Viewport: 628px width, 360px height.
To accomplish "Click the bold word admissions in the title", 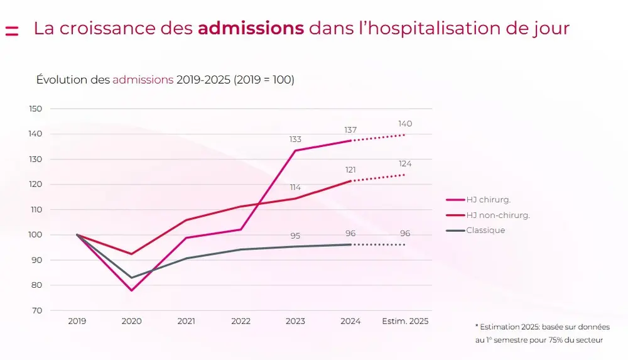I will click(251, 29).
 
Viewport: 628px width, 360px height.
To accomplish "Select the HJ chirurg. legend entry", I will click(488, 200).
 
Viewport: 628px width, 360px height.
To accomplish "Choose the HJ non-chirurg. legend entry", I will click(497, 215).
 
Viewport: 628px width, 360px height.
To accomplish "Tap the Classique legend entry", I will click(485, 231).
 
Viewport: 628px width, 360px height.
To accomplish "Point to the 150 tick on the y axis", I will click(36, 109).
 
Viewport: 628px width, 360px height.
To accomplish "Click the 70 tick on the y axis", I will click(37, 310).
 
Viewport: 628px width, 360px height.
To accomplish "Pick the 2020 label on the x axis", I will click(131, 321).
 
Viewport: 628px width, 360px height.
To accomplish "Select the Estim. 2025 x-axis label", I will click(405, 321).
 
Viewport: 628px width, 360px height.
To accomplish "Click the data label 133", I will click(295, 139).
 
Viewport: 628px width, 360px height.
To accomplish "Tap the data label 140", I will click(405, 124).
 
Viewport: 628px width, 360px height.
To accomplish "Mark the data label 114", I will click(295, 187).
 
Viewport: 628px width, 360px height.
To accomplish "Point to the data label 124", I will click(405, 164).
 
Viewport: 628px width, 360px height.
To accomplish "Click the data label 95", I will click(295, 236).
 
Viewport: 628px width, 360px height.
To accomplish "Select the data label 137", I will click(350, 129).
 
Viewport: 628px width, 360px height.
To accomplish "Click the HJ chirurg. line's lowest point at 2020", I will click(132, 290).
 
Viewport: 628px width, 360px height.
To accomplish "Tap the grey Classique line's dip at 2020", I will click(132, 278).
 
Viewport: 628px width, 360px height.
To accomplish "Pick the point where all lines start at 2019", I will click(77, 235).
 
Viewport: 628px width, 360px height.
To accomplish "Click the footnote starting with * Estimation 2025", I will click(542, 334).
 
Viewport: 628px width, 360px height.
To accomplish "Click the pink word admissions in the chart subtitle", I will click(143, 80).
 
